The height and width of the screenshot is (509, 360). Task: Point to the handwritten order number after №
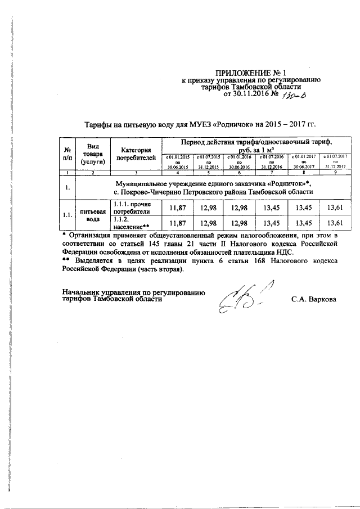point(297,96)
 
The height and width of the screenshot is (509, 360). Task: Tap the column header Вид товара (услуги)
point(91,154)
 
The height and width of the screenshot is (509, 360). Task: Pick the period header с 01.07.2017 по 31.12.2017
point(336,161)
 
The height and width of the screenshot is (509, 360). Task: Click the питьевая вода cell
point(93,215)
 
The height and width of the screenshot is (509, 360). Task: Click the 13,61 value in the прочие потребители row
point(336,208)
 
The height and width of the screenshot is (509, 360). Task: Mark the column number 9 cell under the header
point(336,172)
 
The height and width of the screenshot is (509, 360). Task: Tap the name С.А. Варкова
point(314,299)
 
